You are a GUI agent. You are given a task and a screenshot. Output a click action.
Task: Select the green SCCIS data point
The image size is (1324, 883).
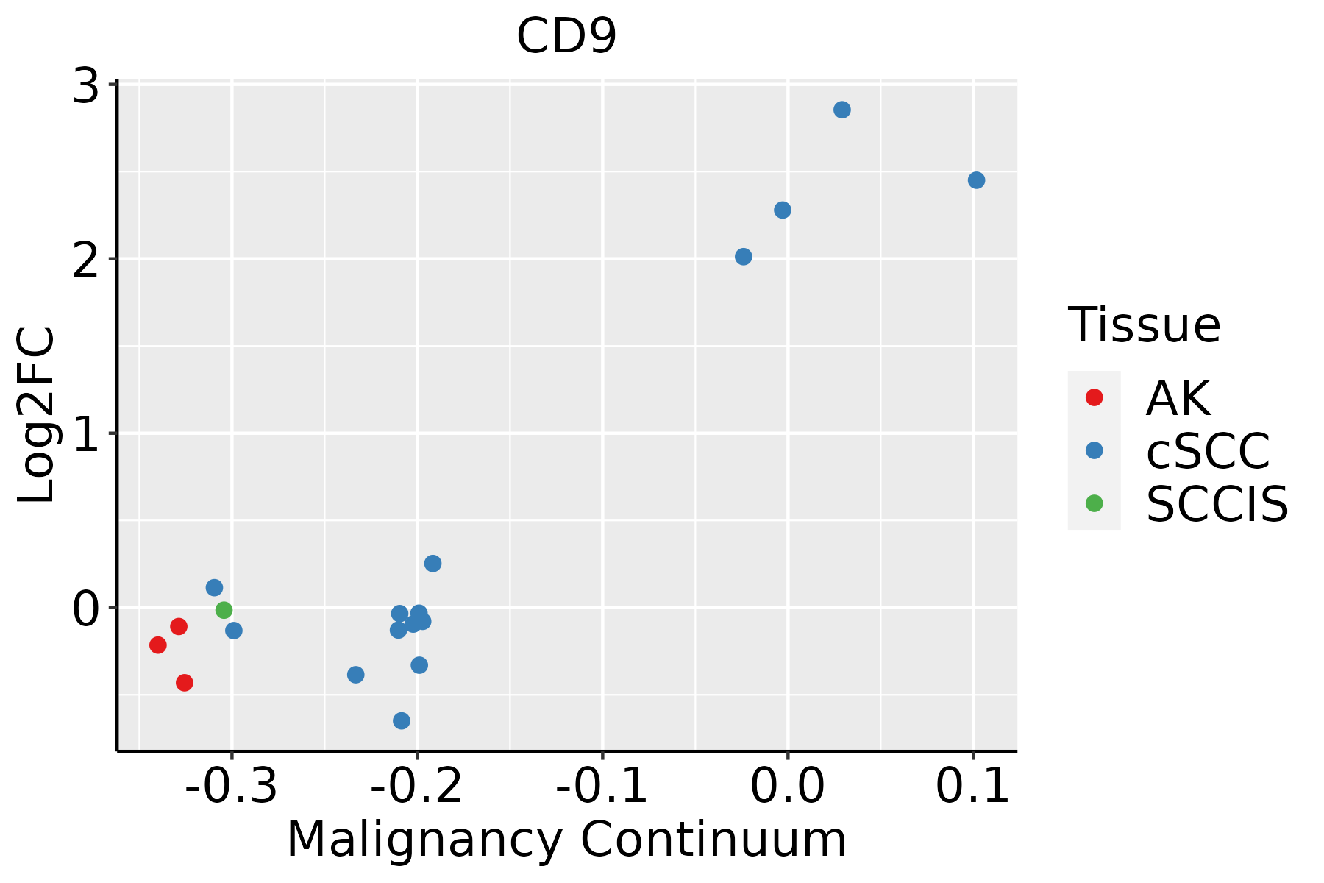click(224, 610)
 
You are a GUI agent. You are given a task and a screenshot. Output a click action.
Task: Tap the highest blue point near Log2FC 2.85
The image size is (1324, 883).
click(842, 110)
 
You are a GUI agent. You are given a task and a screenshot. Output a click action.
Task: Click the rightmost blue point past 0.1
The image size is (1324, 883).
click(976, 180)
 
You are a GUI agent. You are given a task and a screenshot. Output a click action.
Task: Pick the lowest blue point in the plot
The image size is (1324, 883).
click(402, 720)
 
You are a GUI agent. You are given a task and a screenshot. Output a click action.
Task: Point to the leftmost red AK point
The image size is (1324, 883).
click(158, 645)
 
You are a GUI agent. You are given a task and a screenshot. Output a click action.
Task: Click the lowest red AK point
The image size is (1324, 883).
click(185, 683)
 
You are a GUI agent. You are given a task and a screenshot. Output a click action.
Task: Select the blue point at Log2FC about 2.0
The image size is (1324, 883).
click(744, 257)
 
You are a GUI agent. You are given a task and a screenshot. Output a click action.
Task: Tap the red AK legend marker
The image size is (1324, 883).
click(1094, 397)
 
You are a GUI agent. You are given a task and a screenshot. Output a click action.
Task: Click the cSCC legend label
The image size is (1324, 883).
click(1208, 450)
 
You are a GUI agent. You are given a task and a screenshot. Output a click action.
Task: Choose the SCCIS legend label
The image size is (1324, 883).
click(1217, 505)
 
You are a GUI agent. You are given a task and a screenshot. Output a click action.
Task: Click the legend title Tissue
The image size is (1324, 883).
click(1144, 325)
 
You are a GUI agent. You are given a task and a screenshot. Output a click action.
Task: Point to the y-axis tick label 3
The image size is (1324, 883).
click(86, 87)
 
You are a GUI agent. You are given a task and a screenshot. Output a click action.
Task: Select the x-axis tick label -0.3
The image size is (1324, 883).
click(231, 787)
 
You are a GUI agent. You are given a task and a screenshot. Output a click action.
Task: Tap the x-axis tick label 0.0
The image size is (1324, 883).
click(787, 787)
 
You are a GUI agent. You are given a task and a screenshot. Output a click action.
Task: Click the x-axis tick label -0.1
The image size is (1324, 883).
click(602, 787)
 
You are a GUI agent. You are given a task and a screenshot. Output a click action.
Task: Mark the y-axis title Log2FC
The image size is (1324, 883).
click(37, 415)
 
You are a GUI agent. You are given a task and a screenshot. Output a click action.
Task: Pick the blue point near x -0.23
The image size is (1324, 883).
click(356, 675)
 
